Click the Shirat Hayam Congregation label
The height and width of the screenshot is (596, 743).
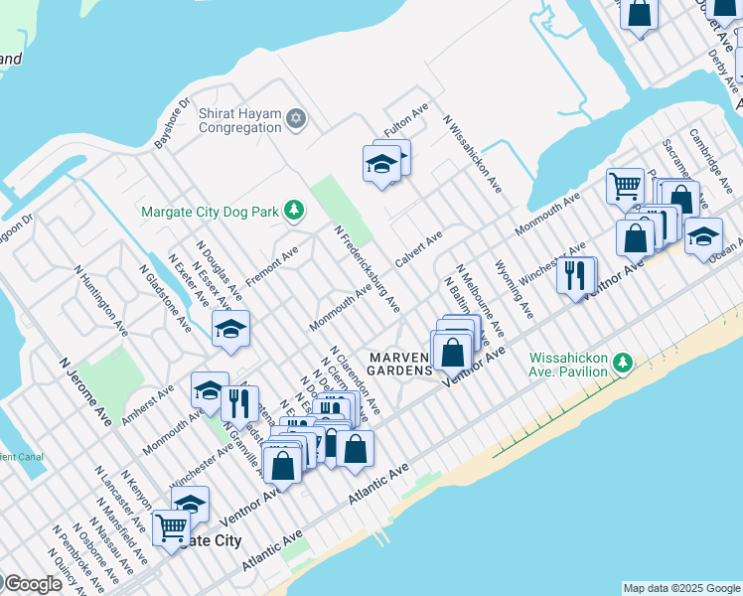tap(240, 120)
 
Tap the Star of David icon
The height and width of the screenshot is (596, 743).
tap(295, 120)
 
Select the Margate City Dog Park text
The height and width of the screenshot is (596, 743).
tap(210, 211)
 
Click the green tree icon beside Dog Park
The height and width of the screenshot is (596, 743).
tap(293, 210)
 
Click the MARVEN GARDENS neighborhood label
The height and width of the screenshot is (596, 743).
tap(400, 364)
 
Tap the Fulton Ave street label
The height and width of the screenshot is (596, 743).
tap(406, 123)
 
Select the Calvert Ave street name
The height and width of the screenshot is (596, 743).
tap(420, 248)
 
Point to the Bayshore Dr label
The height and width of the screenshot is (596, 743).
tap(171, 124)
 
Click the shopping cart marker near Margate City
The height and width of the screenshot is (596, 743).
tap(171, 526)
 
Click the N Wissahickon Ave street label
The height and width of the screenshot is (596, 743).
tap(473, 154)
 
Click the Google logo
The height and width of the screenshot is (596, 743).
tap(32, 584)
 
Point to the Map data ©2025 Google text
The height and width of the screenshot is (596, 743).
tap(680, 588)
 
